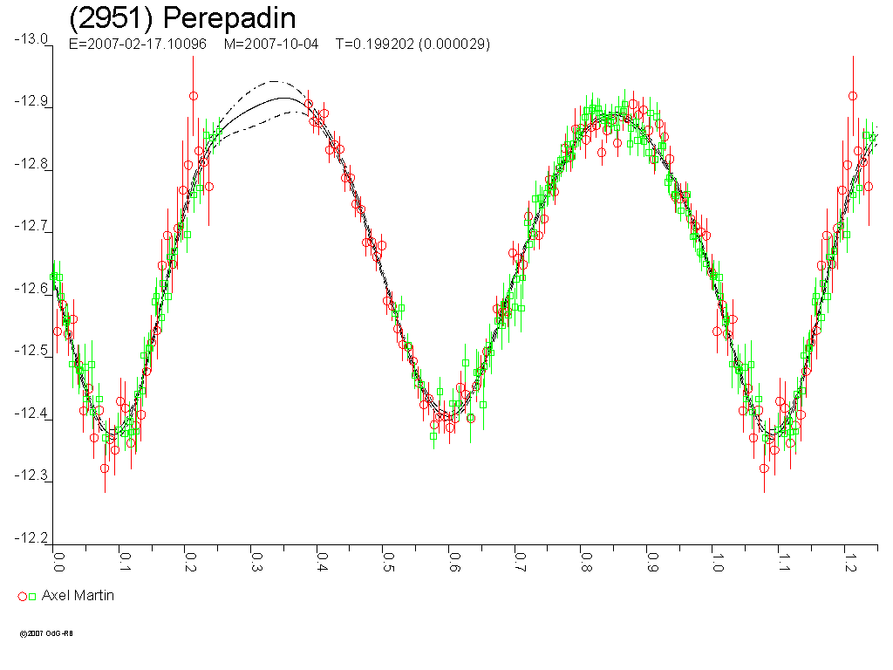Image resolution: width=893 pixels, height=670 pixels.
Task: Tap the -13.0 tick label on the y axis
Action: [31, 39]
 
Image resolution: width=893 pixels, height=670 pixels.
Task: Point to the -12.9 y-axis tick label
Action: [31, 101]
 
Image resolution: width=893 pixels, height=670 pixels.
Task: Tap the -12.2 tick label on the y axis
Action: [31, 538]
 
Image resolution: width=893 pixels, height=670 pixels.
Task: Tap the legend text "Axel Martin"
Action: [78, 596]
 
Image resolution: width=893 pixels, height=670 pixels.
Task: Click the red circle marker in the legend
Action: [23, 597]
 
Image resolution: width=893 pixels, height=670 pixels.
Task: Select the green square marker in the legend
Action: [33, 597]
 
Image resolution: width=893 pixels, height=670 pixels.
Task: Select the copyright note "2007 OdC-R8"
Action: [47, 634]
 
